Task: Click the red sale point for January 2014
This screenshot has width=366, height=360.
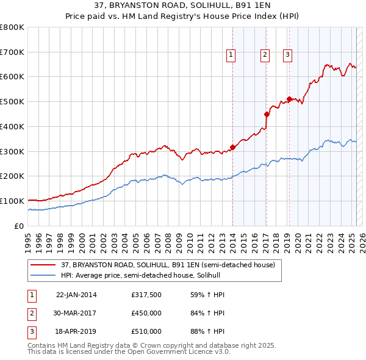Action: [x=232, y=147]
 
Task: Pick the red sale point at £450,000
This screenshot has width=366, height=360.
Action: [x=267, y=114]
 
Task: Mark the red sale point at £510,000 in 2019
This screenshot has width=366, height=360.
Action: [x=289, y=99]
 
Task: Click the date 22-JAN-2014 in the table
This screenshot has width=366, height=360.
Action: [x=76, y=295]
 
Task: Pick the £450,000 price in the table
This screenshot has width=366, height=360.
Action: [x=146, y=314]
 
